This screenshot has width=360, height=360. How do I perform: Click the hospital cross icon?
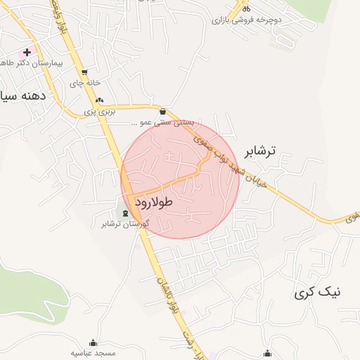(27, 52)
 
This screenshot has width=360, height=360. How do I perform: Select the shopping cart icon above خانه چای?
(84, 72)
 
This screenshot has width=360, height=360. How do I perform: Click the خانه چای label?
(81, 82)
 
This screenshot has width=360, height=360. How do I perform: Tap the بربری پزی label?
(98, 111)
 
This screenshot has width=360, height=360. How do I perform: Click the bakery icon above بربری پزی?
(99, 100)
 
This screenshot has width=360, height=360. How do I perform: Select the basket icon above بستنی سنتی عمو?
(164, 111)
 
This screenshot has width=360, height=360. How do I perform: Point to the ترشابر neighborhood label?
(259, 151)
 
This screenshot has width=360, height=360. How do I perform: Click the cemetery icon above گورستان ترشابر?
(126, 214)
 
